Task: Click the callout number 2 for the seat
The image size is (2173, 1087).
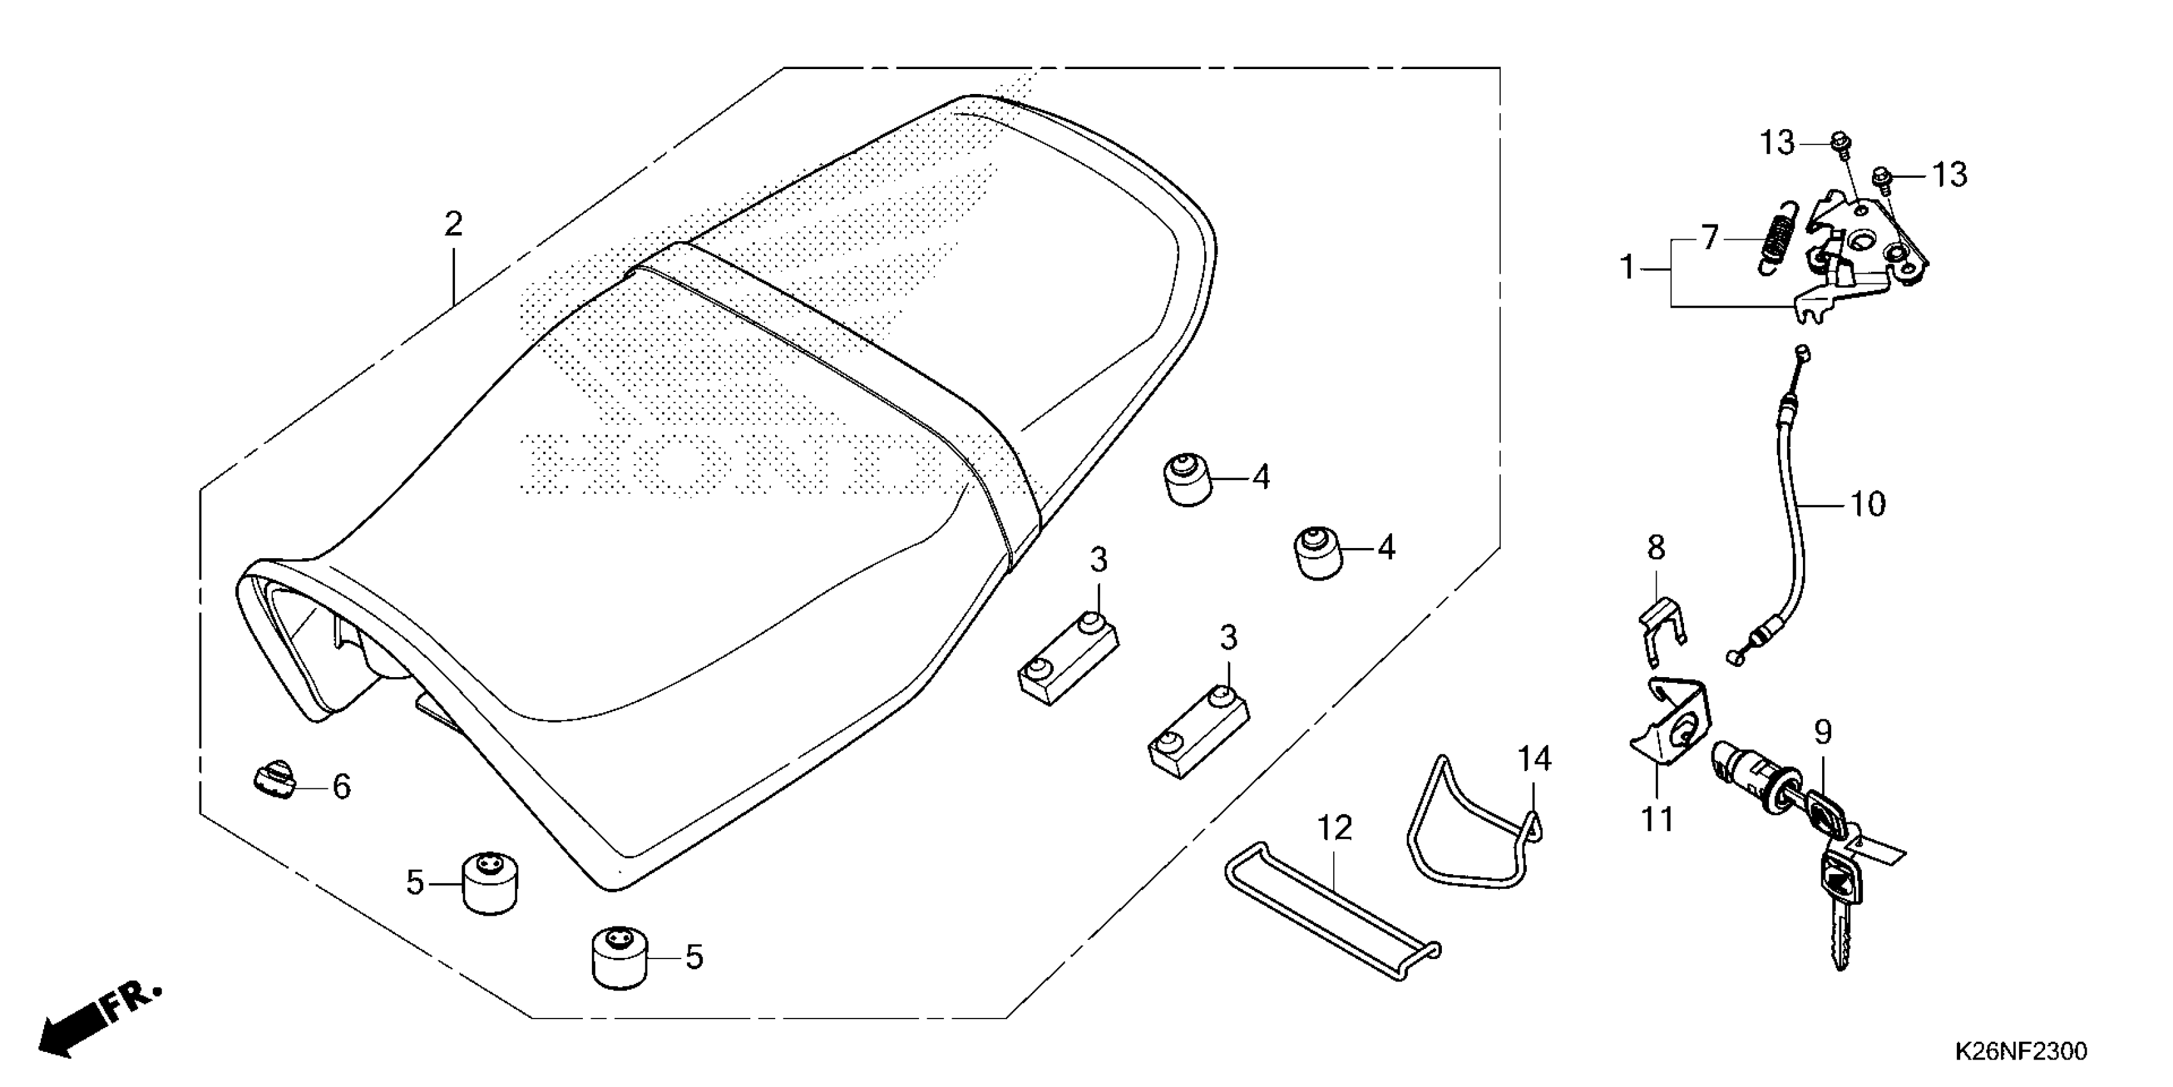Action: click(453, 225)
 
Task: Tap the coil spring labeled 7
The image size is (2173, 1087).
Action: click(1777, 241)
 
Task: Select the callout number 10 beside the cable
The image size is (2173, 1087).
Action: click(1867, 504)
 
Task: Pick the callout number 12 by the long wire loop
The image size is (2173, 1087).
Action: click(1334, 829)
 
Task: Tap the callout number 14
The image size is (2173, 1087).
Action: click(1535, 760)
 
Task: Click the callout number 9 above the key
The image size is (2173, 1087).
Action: click(1823, 731)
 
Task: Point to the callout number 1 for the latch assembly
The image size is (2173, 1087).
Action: click(1627, 269)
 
